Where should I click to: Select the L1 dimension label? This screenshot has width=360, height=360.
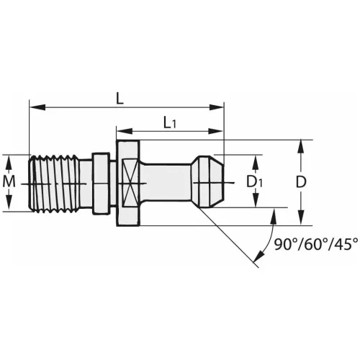click(171, 123)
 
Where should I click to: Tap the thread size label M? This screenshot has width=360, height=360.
click(9, 182)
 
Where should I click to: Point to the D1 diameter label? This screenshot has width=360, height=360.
click(254, 182)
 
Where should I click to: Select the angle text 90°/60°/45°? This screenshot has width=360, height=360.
click(315, 245)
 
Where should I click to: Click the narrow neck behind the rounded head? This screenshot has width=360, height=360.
click(169, 182)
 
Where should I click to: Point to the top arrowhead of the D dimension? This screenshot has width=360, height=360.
click(301, 143)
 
